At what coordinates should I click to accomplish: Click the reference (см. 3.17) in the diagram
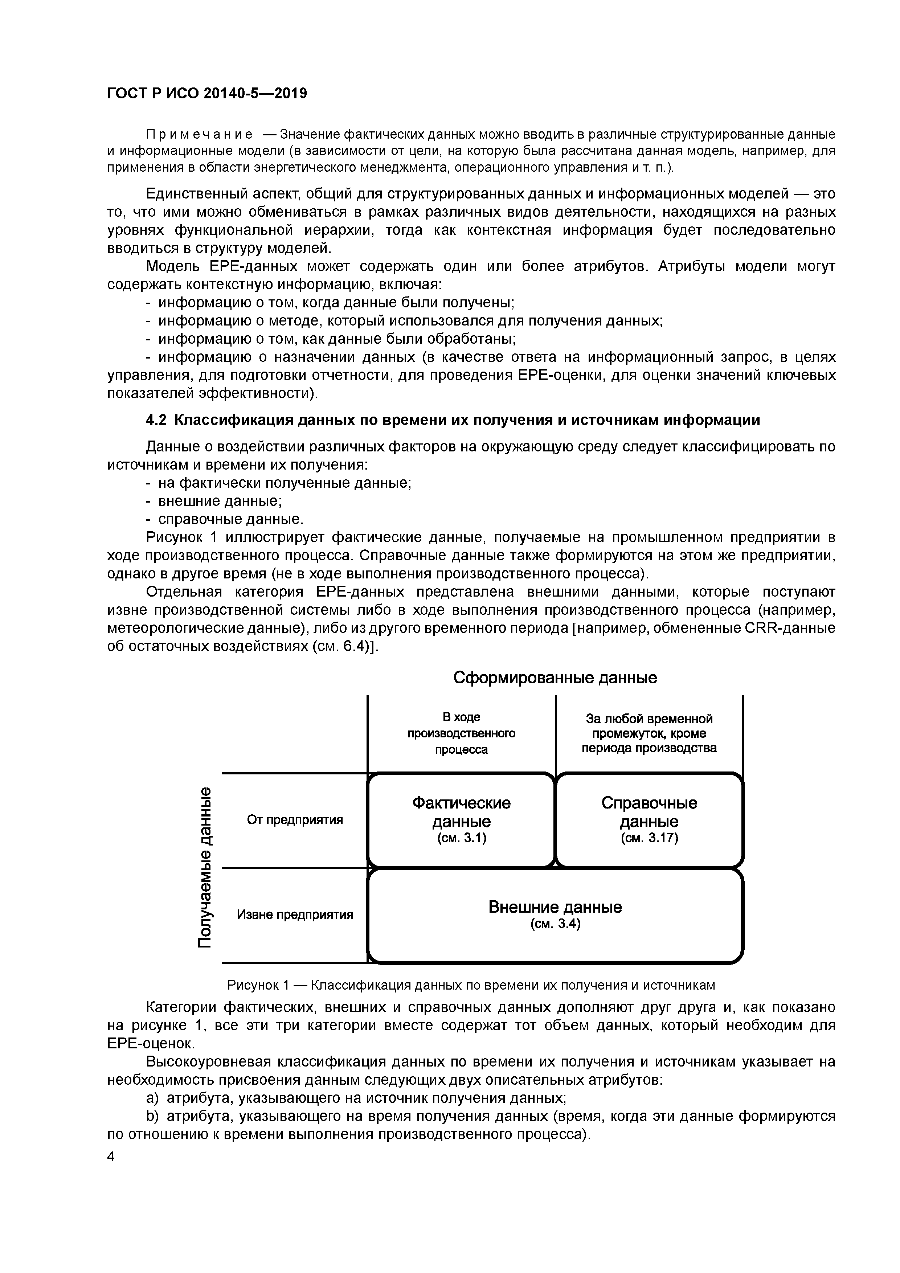tap(649, 838)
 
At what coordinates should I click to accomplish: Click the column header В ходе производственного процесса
tap(461, 733)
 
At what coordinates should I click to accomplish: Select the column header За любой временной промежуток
tap(649, 733)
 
